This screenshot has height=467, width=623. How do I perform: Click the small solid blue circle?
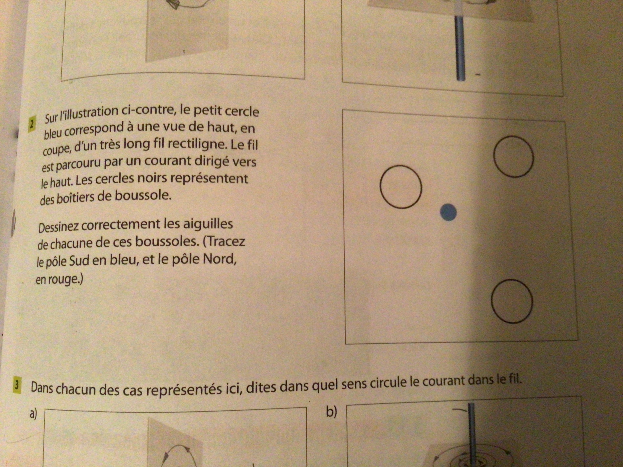[x=448, y=213]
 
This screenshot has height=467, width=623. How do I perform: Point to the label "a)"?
[x=33, y=414]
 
